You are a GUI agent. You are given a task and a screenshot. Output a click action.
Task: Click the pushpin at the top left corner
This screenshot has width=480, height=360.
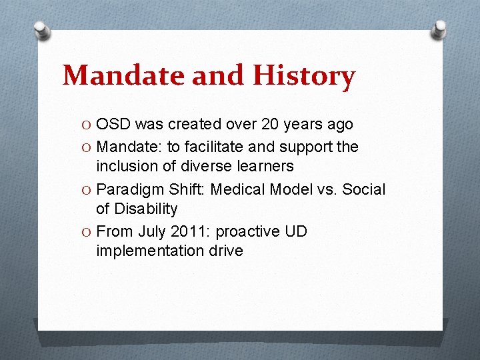coord(41,29)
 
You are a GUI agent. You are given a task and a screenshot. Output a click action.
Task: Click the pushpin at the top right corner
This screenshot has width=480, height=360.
coord(439,29)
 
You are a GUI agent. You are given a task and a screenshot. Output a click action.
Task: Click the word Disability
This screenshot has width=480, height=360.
coord(146,209)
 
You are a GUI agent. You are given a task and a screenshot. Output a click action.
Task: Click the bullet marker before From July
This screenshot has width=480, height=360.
coord(87,231)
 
